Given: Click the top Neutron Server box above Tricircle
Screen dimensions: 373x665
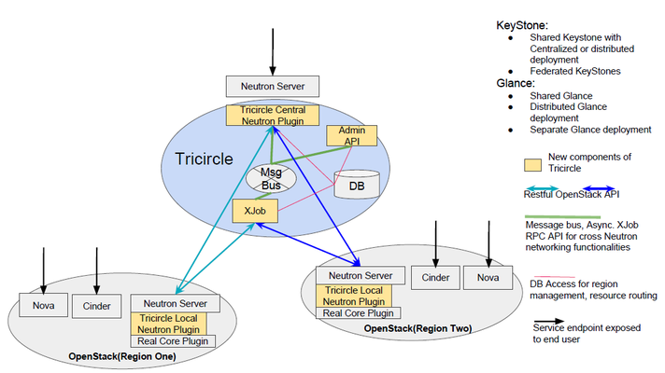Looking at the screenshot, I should [x=272, y=88].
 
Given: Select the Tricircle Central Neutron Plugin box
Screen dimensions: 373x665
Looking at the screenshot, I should [x=272, y=116].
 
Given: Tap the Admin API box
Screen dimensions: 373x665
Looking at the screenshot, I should [x=351, y=135].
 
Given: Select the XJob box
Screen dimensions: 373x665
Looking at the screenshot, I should [x=251, y=211].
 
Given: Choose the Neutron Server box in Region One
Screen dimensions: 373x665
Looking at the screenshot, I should [x=175, y=303].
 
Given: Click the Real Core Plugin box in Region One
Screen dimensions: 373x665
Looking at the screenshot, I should [x=175, y=340].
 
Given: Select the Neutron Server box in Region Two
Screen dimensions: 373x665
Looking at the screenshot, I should [x=361, y=275].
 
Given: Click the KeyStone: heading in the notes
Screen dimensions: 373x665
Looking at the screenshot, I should [x=523, y=26].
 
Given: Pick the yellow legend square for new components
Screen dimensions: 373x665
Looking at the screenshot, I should [x=534, y=164].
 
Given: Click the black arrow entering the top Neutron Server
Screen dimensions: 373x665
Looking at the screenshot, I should [x=272, y=51].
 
